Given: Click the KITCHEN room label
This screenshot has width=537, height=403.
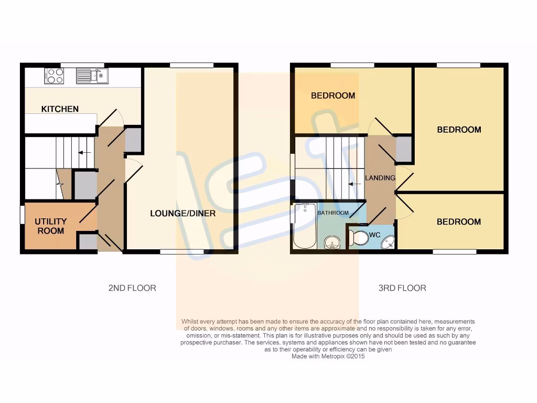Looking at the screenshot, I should click(60, 109).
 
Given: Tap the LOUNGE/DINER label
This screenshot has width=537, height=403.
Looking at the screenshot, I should click(182, 214).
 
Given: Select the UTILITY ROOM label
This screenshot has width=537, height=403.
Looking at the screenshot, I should click(50, 226).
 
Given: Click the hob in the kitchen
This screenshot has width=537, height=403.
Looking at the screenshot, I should click(55, 76).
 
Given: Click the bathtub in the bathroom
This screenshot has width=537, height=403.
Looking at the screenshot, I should click(304, 227).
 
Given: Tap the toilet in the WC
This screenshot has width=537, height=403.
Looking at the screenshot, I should click(359, 238).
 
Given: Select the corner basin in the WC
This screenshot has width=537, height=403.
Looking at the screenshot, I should click(388, 242).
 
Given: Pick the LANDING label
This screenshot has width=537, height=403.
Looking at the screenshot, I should click(380, 178).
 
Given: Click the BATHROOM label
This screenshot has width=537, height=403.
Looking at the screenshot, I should click(333, 213).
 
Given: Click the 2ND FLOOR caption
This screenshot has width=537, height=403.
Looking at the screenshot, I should click(132, 288).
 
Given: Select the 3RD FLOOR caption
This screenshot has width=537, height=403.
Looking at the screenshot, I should click(402, 288).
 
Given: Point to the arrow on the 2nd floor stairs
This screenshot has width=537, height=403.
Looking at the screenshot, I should click(83, 153).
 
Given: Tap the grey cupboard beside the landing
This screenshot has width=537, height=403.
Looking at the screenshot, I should click(403, 149).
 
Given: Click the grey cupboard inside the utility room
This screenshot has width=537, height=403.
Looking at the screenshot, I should click(87, 242).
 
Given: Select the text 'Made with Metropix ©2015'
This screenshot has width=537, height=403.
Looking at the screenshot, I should click(328, 356).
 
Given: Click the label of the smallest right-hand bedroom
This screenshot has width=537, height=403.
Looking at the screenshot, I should click(459, 222).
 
